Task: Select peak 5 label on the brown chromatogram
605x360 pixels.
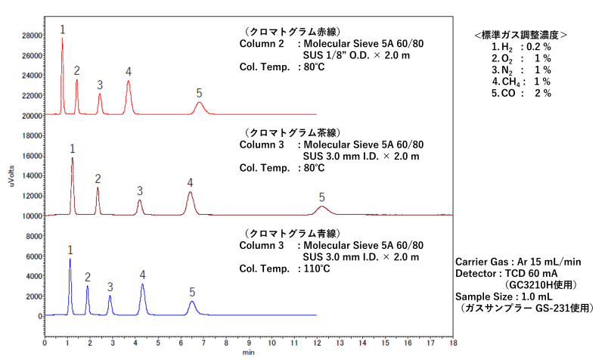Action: (x=321, y=197)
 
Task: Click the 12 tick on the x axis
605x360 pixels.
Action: (x=316, y=343)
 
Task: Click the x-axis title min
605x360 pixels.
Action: (x=248, y=352)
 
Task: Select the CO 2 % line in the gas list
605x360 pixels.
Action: (x=521, y=93)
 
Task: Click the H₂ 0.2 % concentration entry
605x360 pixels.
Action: (x=521, y=47)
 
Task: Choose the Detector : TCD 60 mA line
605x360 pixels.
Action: (x=507, y=273)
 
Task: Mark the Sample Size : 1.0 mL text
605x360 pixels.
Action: (x=503, y=296)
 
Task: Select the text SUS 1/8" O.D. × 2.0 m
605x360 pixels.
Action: (x=357, y=55)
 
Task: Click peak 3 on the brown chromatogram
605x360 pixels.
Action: (x=139, y=203)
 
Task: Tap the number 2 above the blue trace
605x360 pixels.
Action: (x=88, y=277)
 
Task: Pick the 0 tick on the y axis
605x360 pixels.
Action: (x=38, y=315)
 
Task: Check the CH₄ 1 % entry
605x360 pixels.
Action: (x=521, y=82)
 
